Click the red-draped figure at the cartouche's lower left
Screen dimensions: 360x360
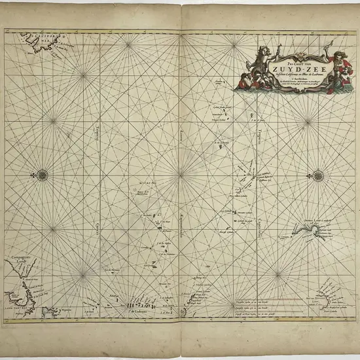pyautogui.click(x=243, y=81)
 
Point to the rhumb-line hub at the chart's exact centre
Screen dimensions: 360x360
pyautogui.click(x=181, y=174)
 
